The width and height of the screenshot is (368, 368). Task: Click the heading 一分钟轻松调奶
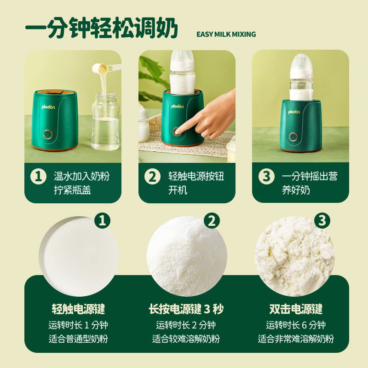(101, 30)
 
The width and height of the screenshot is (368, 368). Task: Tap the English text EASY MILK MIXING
(226, 34)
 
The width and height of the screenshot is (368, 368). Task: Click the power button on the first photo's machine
(47, 134)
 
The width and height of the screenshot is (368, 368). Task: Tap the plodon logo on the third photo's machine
(294, 112)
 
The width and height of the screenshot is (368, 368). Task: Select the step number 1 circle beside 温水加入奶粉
(38, 177)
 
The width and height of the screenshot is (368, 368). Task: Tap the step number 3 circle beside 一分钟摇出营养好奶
(266, 177)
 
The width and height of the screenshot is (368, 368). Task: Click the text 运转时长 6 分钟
(295, 325)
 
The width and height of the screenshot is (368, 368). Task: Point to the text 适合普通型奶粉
(78, 339)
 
